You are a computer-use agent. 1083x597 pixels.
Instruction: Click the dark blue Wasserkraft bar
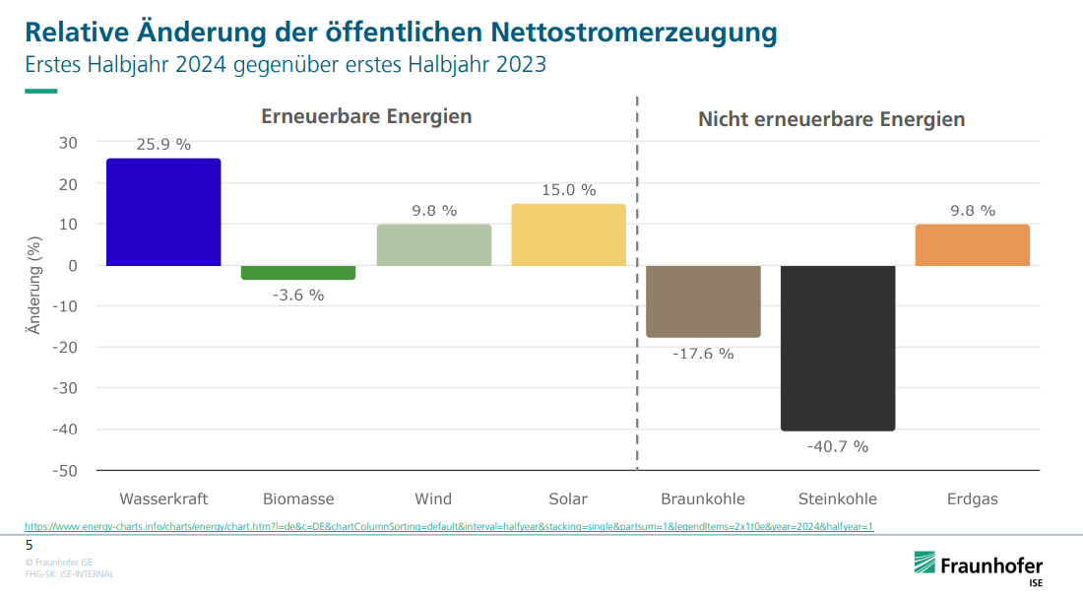pyautogui.click(x=163, y=212)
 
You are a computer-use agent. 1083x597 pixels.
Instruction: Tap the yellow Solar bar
pyautogui.click(x=568, y=234)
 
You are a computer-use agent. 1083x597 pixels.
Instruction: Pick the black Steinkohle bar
pyautogui.click(x=838, y=348)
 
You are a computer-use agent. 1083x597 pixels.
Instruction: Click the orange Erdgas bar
pyautogui.click(x=972, y=245)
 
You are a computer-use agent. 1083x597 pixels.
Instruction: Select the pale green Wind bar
pyautogui.click(x=433, y=245)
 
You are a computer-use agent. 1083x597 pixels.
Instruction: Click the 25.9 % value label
pyautogui.click(x=163, y=144)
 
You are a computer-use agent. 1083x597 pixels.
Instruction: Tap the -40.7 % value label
pyautogui.click(x=838, y=446)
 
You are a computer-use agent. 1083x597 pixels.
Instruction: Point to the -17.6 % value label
pyautogui.click(x=703, y=354)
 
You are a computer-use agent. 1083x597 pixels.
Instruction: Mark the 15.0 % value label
pyautogui.click(x=568, y=190)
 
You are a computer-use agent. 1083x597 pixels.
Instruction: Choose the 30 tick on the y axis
pyautogui.click(x=67, y=143)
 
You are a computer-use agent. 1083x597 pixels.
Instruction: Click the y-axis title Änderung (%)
pyautogui.click(x=33, y=286)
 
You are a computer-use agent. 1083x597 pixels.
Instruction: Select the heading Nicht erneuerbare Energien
pyautogui.click(x=831, y=119)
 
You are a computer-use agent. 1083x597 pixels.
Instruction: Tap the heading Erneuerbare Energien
pyautogui.click(x=366, y=116)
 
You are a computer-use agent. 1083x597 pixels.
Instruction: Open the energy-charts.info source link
pyautogui.click(x=449, y=527)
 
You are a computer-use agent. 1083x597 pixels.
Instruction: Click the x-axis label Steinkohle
pyautogui.click(x=838, y=498)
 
